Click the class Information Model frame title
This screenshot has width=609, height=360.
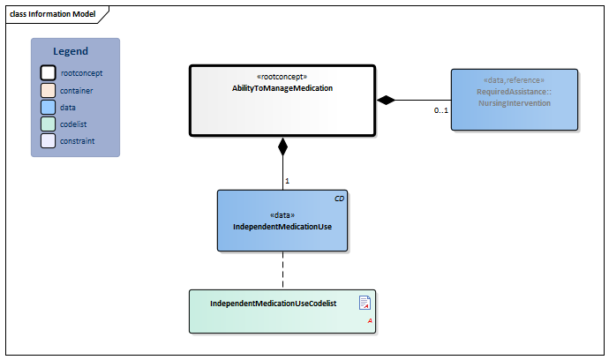(x=53, y=14)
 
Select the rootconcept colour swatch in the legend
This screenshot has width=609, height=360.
(x=48, y=73)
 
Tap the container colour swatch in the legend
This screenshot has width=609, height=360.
(x=48, y=90)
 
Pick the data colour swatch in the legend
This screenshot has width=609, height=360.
(x=48, y=107)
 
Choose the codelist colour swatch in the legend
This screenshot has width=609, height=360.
(x=48, y=124)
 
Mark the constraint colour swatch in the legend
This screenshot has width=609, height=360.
(x=48, y=140)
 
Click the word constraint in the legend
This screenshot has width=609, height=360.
(x=78, y=140)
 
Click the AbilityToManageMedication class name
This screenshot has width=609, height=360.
(x=282, y=88)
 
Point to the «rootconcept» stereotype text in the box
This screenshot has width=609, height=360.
(x=282, y=77)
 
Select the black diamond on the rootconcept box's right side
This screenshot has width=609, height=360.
(x=386, y=100)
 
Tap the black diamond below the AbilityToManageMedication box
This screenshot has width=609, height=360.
(x=282, y=146)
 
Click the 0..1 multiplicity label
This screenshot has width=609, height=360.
(x=441, y=111)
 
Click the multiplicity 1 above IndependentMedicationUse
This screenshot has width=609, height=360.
(x=288, y=181)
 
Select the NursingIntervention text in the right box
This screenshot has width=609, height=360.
(x=514, y=103)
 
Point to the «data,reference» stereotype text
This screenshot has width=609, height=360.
(x=514, y=79)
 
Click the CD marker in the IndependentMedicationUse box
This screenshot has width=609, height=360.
(x=340, y=199)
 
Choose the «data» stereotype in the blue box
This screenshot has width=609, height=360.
(x=282, y=214)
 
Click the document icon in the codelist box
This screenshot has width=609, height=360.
(x=365, y=304)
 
